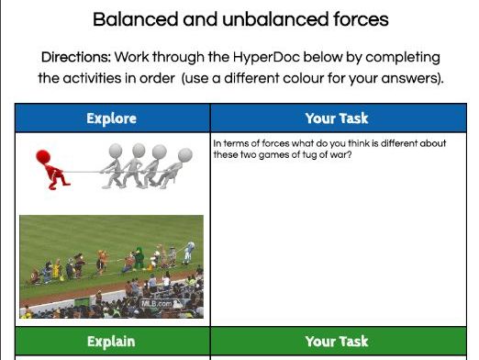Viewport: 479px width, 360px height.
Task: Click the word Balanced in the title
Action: tap(132, 18)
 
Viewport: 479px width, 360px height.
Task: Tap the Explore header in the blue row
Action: tap(111, 118)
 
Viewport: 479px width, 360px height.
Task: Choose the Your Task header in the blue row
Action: tap(337, 118)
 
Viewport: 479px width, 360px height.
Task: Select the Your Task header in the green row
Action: tap(337, 342)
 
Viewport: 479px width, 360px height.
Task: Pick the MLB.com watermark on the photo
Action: tap(157, 302)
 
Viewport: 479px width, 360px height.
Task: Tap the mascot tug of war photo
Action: tap(111, 267)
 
